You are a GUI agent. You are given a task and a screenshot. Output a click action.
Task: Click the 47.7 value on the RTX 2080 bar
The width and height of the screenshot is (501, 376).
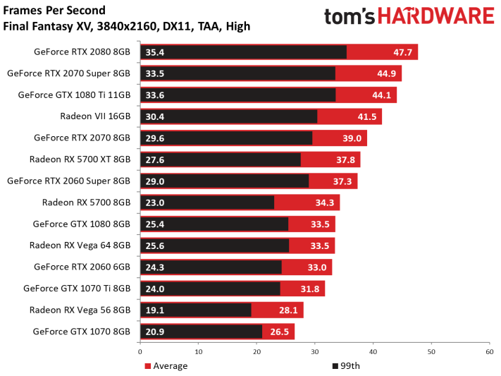402,52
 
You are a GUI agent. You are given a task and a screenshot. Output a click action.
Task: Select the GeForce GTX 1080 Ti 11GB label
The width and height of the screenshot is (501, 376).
74,95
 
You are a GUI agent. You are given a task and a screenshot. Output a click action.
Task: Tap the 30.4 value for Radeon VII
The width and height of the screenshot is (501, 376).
154,117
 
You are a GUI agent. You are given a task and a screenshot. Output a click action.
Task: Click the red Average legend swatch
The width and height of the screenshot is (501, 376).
147,366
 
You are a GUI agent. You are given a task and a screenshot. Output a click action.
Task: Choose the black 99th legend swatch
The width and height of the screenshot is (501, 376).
335,366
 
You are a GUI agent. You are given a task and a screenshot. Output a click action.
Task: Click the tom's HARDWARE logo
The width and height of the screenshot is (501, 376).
409,16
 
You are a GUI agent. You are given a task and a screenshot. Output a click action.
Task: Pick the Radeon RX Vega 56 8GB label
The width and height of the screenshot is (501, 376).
80,310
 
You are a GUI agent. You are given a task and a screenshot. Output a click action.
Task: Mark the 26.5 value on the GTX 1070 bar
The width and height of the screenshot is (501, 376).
280,332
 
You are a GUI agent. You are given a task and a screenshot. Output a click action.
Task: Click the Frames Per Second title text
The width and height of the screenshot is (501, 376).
54,11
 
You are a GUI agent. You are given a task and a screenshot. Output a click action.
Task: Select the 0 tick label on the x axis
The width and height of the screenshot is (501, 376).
140,352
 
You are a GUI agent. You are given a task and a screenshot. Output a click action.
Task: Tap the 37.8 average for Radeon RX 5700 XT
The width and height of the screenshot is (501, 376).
345,159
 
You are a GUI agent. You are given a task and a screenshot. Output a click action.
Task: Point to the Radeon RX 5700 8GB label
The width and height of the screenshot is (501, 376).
86,202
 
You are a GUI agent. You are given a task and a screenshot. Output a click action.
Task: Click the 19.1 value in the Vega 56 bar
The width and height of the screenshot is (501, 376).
154,310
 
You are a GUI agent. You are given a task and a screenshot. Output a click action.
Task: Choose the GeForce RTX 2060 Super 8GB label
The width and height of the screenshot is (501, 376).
68,181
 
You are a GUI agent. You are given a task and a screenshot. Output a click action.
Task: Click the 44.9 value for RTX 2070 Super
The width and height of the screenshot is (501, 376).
387,73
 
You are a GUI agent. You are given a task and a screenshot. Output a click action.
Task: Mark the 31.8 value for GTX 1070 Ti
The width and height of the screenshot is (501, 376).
310,289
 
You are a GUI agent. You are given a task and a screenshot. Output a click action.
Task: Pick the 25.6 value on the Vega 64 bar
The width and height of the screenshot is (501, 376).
154,245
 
